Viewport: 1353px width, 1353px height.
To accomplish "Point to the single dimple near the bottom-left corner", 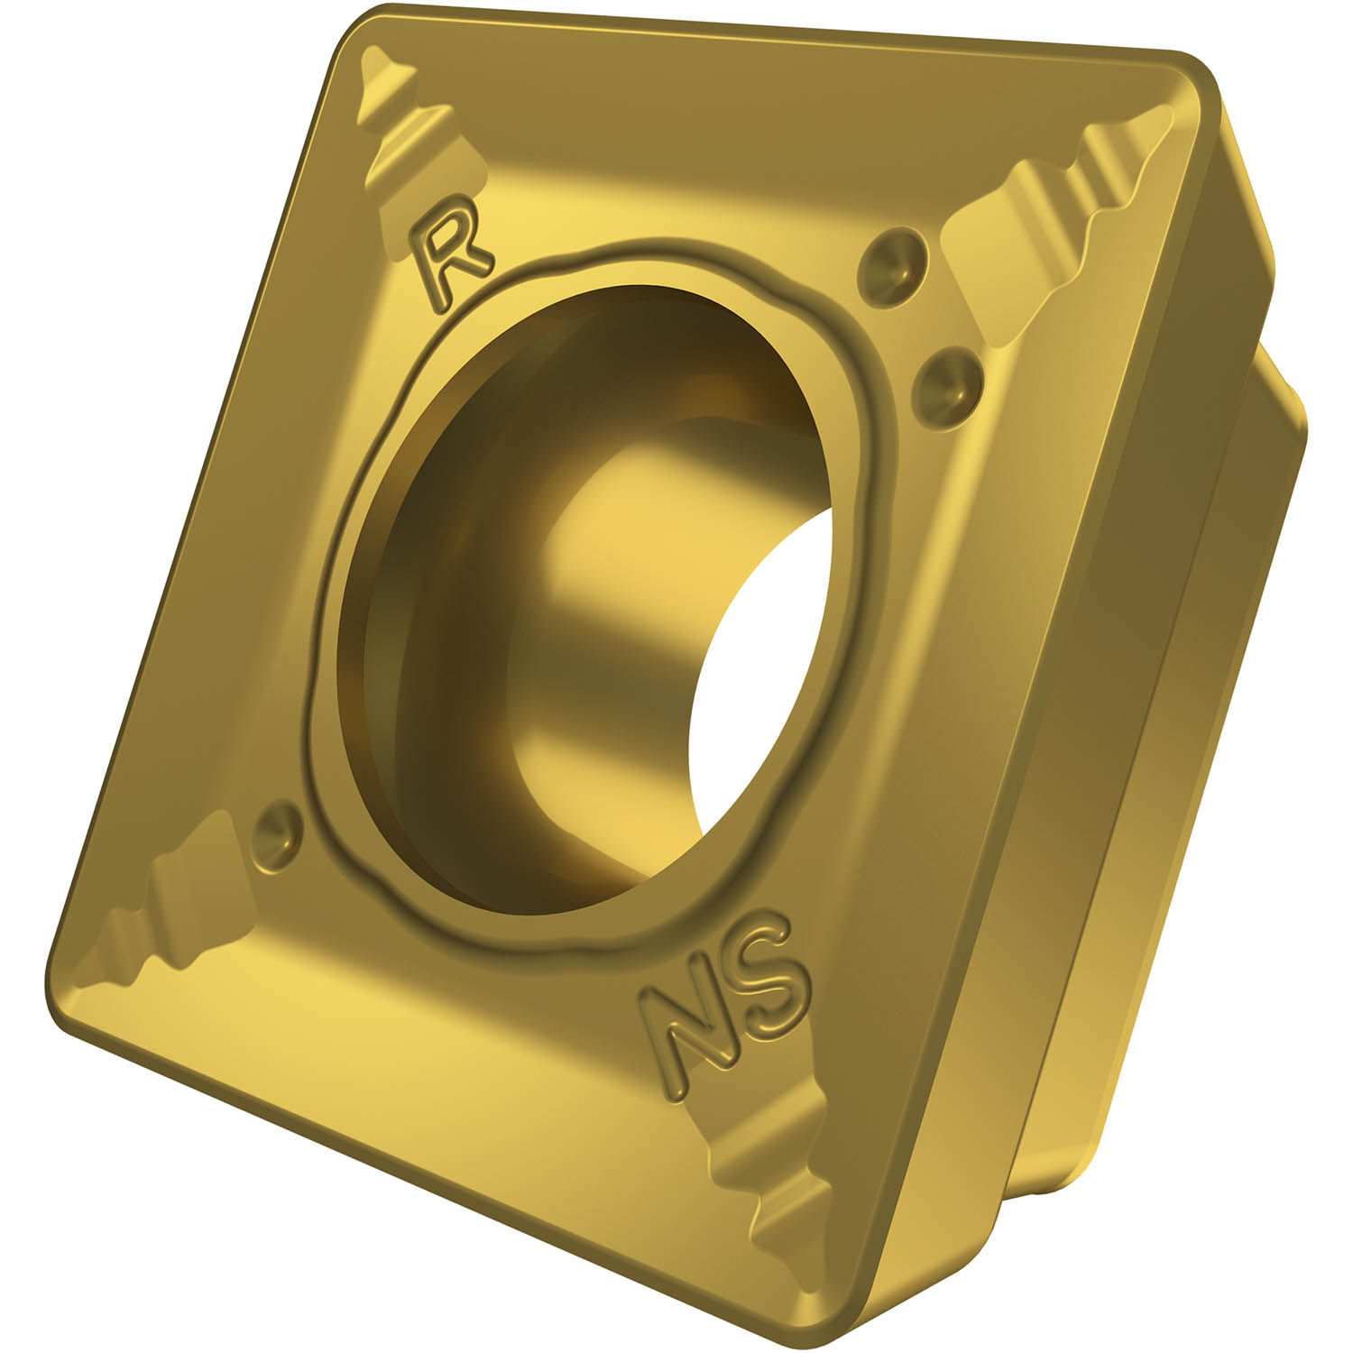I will (277, 829).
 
